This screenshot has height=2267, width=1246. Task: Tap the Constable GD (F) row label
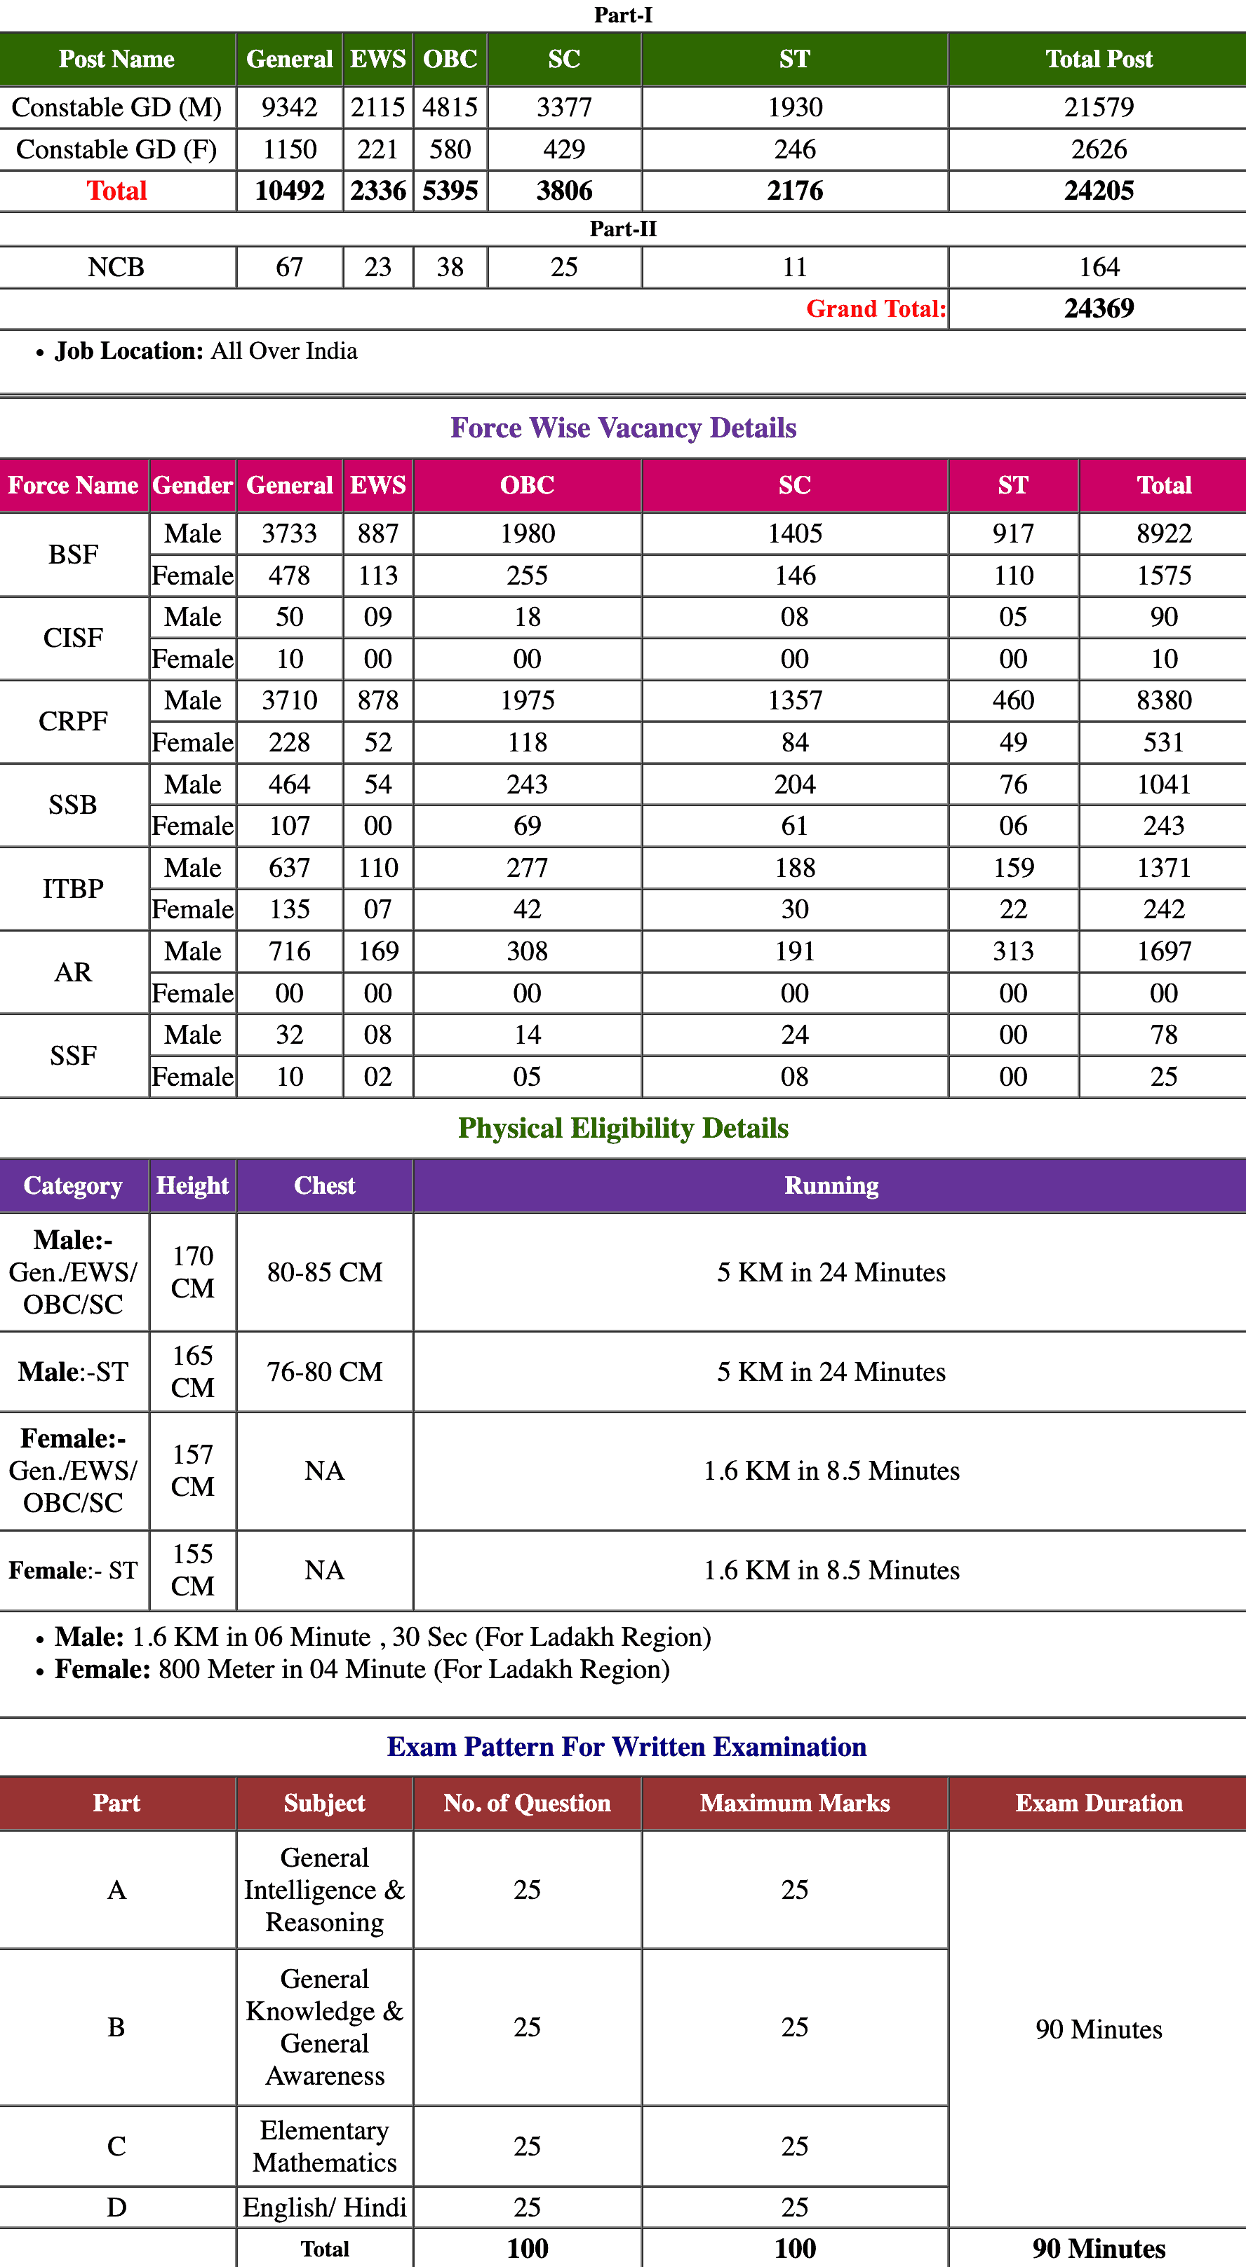click(116, 149)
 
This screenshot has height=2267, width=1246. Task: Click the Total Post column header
click(1098, 59)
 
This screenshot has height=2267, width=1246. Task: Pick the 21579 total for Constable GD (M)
click(1098, 107)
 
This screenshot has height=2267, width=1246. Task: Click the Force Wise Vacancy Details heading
click(622, 428)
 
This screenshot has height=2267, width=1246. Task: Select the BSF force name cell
click(73, 554)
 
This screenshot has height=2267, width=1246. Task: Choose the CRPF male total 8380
click(1163, 700)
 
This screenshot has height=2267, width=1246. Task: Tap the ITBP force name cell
click(73, 888)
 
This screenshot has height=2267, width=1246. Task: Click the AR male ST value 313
click(1012, 951)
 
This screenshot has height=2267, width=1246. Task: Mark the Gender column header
click(192, 485)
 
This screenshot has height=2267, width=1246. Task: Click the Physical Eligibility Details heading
click(622, 1128)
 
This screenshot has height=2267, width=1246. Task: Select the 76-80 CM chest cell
click(324, 1371)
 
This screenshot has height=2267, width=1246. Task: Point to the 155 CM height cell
click(192, 1570)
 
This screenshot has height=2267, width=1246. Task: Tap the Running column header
click(831, 1185)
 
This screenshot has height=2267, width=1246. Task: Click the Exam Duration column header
click(1098, 1803)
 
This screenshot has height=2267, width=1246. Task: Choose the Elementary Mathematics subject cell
click(324, 2146)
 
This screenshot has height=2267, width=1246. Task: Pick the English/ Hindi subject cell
click(324, 2207)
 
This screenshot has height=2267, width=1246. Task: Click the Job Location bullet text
click(206, 351)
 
